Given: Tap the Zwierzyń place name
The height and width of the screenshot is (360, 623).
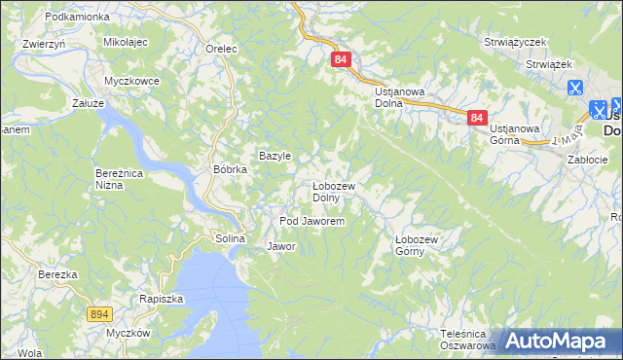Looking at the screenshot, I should click(43, 44).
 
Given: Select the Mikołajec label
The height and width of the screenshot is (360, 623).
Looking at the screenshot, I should click(125, 43).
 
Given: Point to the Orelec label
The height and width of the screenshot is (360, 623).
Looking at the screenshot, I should click(223, 48).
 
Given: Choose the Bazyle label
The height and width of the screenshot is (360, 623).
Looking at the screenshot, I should click(275, 156).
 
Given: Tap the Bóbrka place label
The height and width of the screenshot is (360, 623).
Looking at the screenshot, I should click(231, 168).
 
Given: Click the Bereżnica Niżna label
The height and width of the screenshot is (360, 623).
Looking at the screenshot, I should click(120, 179).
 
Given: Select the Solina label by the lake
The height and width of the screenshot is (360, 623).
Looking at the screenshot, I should click(230, 238).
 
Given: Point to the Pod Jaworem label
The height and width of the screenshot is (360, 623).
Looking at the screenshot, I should click(311, 222).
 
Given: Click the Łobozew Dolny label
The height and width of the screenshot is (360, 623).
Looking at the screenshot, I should click(339, 192).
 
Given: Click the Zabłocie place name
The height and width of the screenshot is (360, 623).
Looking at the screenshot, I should click(587, 160).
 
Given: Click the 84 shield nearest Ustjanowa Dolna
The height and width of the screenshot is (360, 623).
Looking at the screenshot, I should click(340, 59).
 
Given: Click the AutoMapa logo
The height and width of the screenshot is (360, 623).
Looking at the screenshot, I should click(558, 341).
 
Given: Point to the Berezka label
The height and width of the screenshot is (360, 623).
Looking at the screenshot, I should click(57, 275).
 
